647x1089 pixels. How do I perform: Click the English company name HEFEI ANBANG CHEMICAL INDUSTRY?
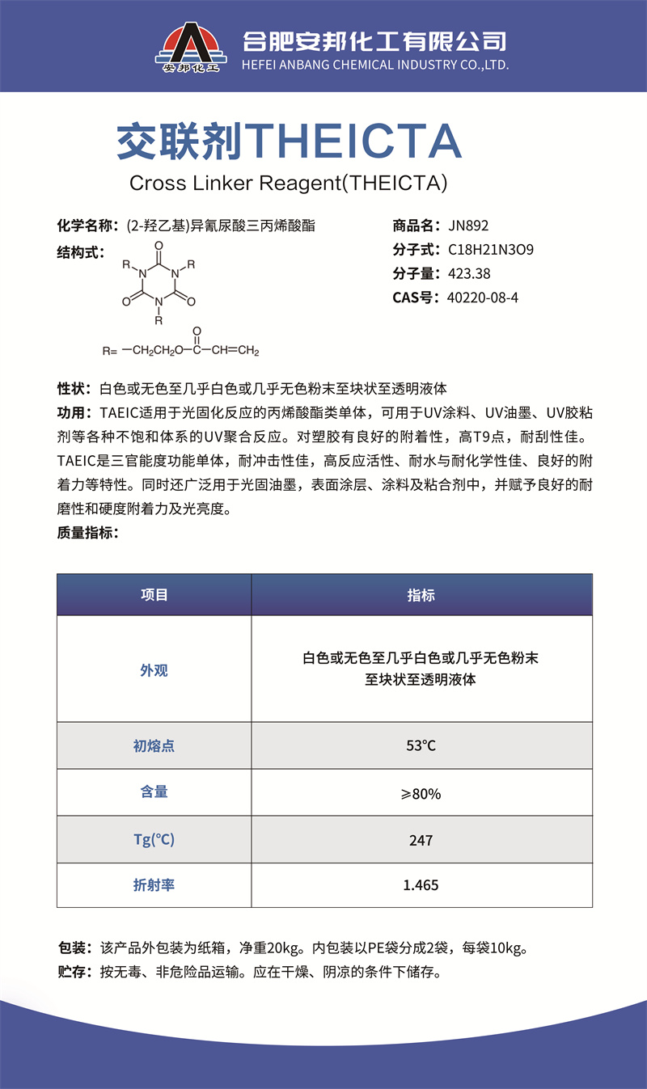click(x=375, y=65)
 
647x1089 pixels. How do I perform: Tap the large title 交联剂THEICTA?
click(x=289, y=142)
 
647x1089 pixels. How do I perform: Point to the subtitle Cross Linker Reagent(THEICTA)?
click(x=289, y=183)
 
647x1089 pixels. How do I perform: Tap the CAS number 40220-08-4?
click(x=482, y=298)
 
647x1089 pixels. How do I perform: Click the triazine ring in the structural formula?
click(x=159, y=282)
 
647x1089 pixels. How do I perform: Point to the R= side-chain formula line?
click(x=180, y=350)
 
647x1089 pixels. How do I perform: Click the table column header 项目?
click(x=154, y=595)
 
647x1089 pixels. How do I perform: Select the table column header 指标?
click(x=421, y=595)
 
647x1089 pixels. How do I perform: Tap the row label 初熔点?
click(x=154, y=745)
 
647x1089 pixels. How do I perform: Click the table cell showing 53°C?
click(x=421, y=745)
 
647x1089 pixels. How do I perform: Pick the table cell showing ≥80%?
click(x=421, y=793)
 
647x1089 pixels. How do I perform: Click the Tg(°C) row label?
click(x=154, y=840)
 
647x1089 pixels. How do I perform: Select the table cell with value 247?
click(x=421, y=840)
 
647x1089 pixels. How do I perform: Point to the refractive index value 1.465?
click(x=421, y=885)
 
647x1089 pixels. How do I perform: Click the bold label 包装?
click(x=75, y=948)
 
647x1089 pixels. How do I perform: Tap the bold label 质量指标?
click(x=87, y=532)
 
